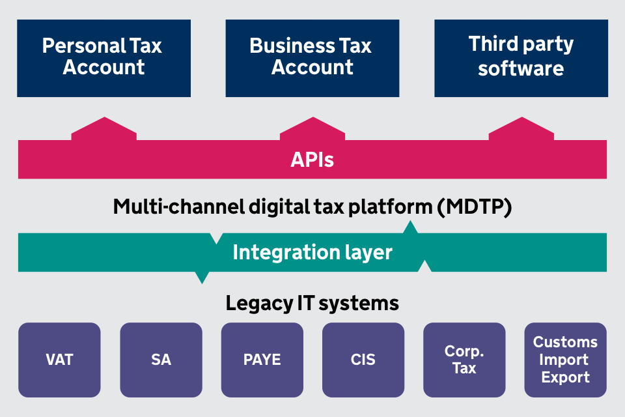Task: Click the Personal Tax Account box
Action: tap(104, 58)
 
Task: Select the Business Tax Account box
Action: tap(312, 58)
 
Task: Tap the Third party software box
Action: tap(521, 58)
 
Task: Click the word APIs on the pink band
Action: tap(312, 160)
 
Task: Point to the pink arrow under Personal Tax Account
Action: tap(104, 128)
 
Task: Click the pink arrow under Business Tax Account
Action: tap(312, 128)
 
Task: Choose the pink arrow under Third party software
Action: tap(521, 128)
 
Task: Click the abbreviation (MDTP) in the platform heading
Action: tap(474, 207)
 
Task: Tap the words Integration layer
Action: tap(312, 252)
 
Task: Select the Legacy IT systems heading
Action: tap(312, 303)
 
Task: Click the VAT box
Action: tap(59, 360)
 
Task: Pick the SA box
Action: tap(161, 360)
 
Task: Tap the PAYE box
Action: tap(262, 360)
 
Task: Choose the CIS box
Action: tap(363, 360)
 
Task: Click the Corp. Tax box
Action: tap(464, 360)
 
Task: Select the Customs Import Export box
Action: tap(565, 360)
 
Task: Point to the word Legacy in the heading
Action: tap(256, 303)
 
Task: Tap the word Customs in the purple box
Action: tap(565, 342)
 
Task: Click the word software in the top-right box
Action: tap(521, 68)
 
